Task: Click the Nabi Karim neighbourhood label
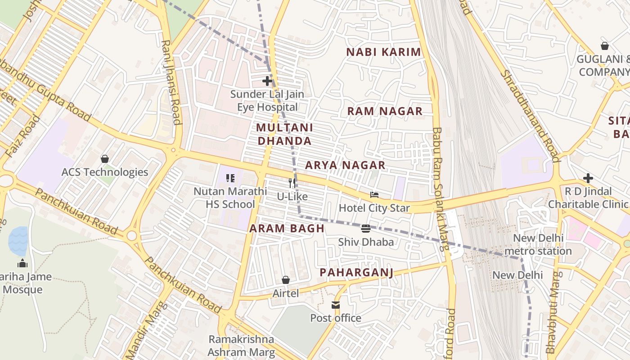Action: click(383, 52)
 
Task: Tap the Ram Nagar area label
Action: click(385, 111)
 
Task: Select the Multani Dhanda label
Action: click(284, 134)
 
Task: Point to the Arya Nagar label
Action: click(345, 165)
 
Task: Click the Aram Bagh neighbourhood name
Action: click(287, 228)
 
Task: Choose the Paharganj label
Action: click(356, 272)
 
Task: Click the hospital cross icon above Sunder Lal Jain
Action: click(267, 81)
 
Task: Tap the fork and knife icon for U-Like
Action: click(292, 183)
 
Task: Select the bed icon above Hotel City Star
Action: click(374, 195)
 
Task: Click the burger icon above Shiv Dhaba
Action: click(365, 229)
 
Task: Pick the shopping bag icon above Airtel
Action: click(286, 280)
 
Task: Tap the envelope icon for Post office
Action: click(336, 305)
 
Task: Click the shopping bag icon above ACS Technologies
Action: click(105, 159)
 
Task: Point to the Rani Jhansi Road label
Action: click(171, 82)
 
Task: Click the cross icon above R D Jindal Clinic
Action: click(588, 178)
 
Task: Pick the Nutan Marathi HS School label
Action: click(230, 198)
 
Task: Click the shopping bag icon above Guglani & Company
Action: click(605, 46)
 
